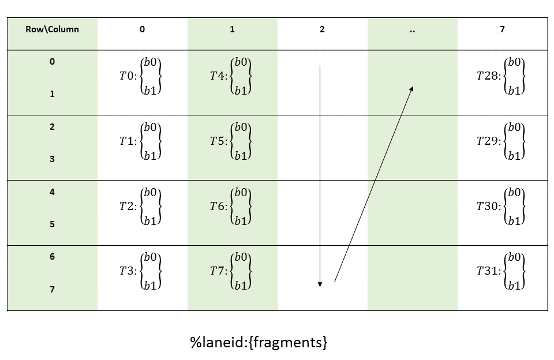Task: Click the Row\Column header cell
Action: coord(52,29)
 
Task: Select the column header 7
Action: coord(502,29)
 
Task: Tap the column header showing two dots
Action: coord(412,30)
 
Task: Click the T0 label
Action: coord(126,76)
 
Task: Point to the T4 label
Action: coord(218,76)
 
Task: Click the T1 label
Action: coord(126,141)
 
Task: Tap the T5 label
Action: coord(218,141)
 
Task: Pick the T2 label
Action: coord(126,206)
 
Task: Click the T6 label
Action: coord(218,206)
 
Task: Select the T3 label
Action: coord(126,271)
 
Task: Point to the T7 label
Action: coord(218,271)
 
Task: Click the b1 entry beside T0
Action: coord(152,89)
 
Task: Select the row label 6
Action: coord(52,257)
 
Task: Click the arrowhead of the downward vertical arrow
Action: coord(320,283)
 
